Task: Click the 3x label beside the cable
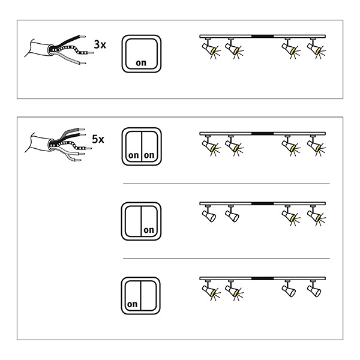coord(100,44)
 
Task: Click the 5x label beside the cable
coord(98,139)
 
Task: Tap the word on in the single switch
coord(141,62)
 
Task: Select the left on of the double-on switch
coord(134,155)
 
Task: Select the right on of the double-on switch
coord(149,155)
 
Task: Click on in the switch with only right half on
coord(149,230)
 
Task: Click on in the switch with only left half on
coord(132,304)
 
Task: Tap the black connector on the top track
coord(262,36)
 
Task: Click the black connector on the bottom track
coord(262,278)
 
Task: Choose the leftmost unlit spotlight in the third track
coord(209,214)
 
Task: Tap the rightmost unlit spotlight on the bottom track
coord(314,289)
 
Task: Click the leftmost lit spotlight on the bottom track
coord(210,290)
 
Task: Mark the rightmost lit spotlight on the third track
coord(316,215)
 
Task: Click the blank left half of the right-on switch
coord(133,221)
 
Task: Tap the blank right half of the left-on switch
coord(149,296)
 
